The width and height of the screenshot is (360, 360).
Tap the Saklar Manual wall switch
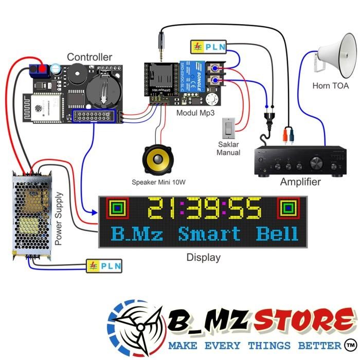(229, 127)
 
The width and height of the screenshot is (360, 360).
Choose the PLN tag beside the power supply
(104, 266)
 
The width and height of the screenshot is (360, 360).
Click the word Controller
(89, 57)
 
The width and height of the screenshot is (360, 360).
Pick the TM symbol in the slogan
(351, 344)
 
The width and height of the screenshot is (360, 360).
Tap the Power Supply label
(59, 219)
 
